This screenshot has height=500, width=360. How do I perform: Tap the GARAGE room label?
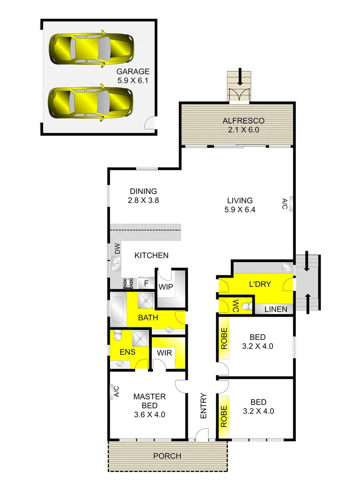(x=133, y=72)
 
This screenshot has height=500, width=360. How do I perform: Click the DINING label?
(x=143, y=191)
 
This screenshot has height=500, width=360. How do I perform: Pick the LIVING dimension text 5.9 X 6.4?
(x=240, y=209)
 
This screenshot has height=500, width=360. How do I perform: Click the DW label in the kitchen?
(x=117, y=249)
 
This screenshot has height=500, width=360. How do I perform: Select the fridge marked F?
(x=146, y=283)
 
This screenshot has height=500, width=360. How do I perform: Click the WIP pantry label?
(x=166, y=287)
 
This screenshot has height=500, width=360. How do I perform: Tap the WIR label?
(x=164, y=353)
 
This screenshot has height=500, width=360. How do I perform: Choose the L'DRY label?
(x=260, y=284)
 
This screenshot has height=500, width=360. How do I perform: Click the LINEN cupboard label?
(x=275, y=309)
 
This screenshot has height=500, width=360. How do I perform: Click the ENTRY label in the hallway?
(x=204, y=406)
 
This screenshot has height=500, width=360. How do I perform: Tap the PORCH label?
(x=168, y=456)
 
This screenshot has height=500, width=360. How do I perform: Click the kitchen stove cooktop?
(x=128, y=283)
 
